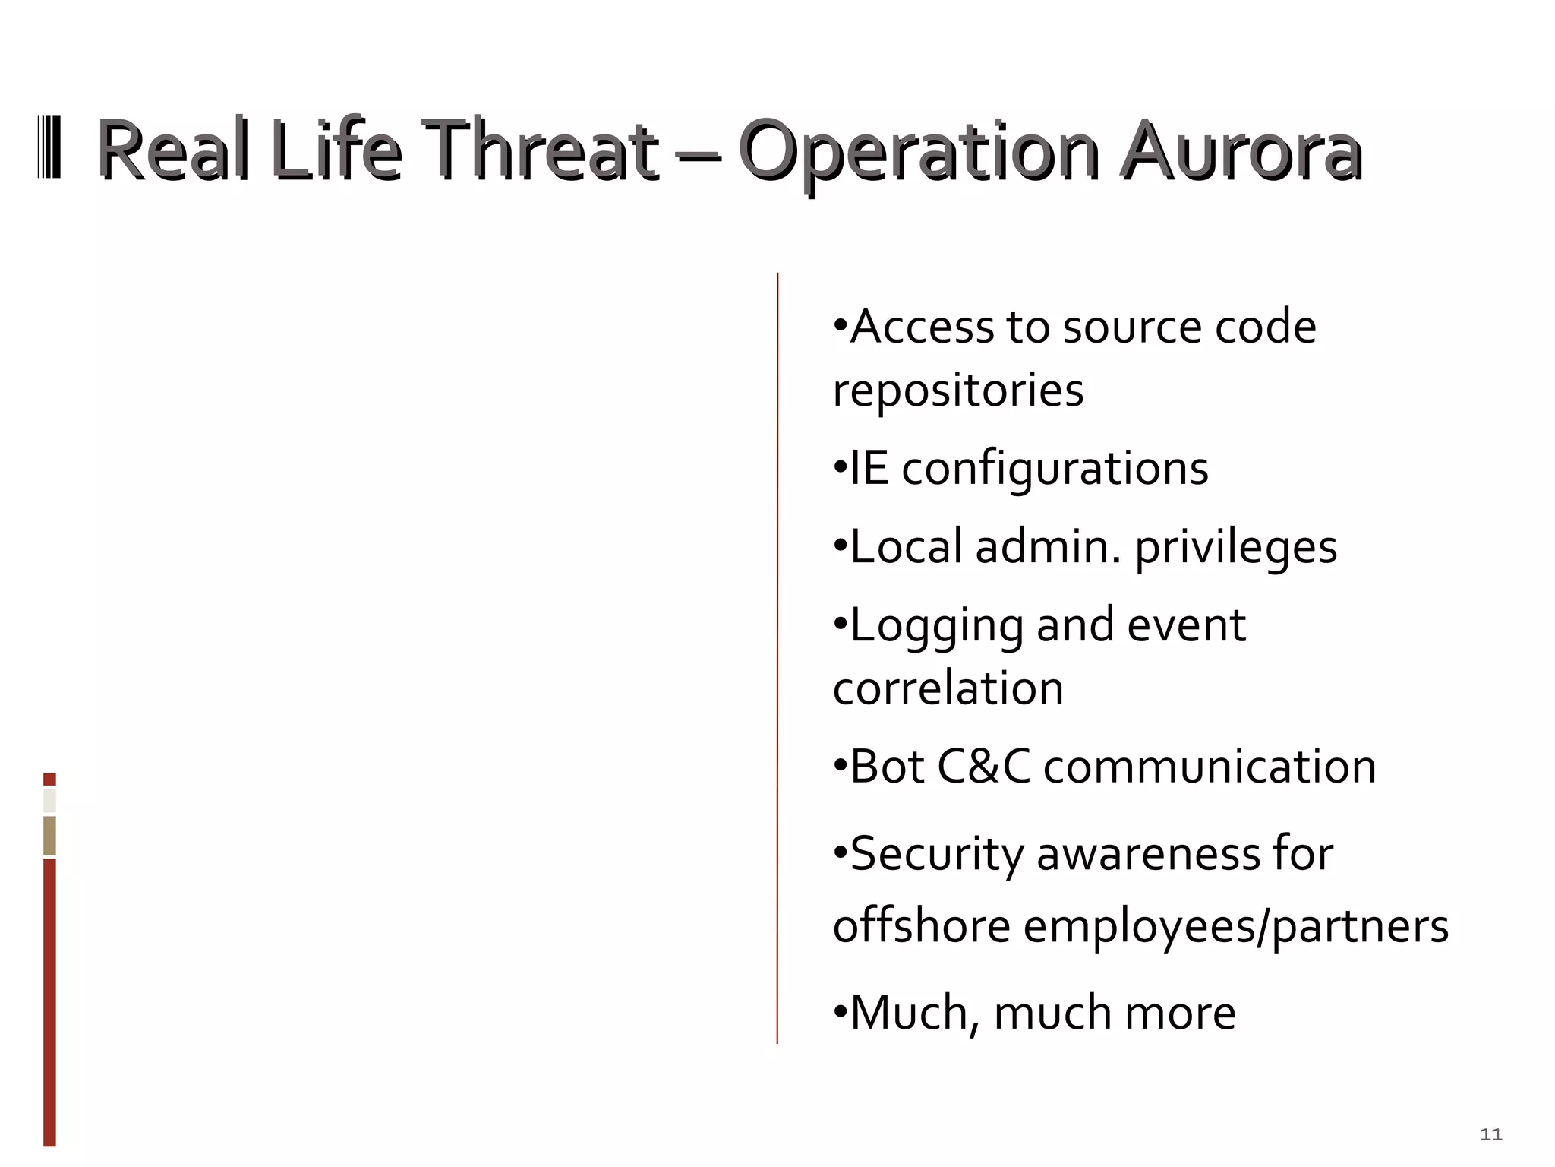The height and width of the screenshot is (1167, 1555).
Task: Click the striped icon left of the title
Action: (49, 147)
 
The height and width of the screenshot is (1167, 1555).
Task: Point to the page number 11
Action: (1491, 1134)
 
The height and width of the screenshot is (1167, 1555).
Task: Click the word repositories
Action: (958, 391)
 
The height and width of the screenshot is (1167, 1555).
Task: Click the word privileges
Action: (1235, 548)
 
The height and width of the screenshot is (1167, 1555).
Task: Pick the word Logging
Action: (937, 626)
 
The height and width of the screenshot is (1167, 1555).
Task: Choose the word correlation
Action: (948, 688)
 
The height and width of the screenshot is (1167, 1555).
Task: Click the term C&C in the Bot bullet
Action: (983, 766)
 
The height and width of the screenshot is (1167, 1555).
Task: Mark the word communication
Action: (1210, 766)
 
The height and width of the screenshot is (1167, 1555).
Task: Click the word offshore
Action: (921, 926)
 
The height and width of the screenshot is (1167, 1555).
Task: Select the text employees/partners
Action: (1235, 928)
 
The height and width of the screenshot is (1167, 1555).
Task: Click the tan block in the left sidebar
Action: (49, 836)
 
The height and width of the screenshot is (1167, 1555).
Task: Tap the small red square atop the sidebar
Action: (49, 779)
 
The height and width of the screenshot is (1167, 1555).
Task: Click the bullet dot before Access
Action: (839, 326)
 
